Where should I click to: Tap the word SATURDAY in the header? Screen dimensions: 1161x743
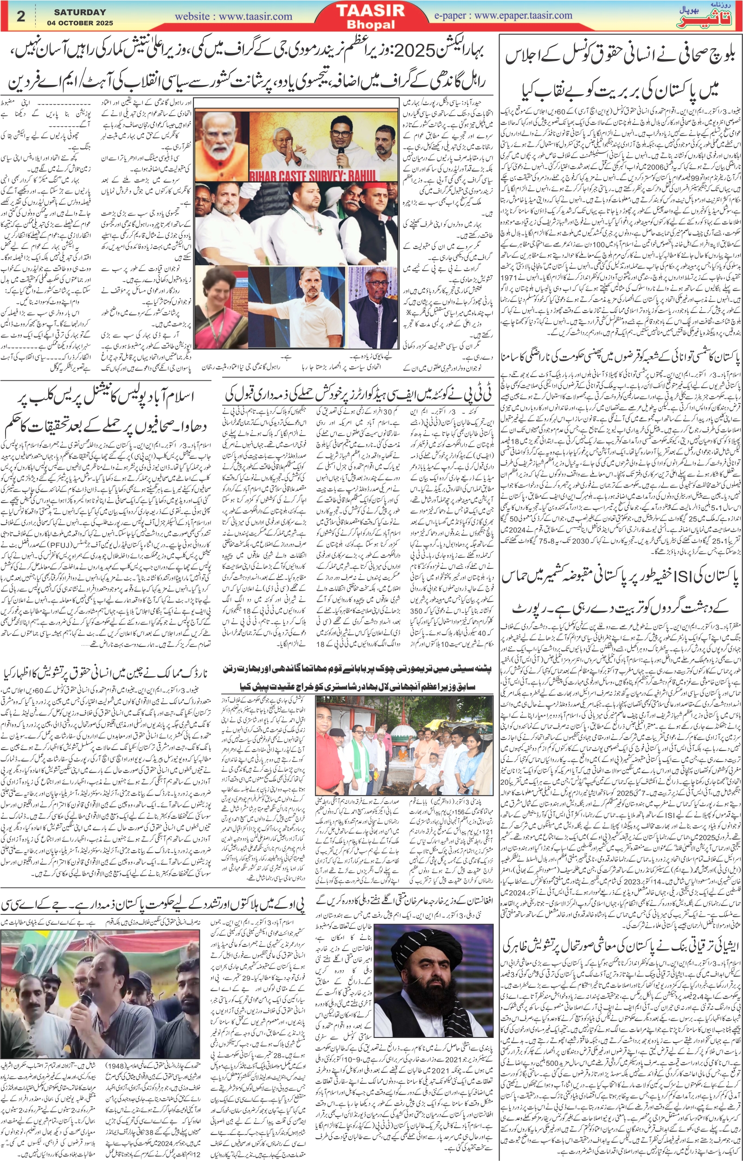[x=80, y=12]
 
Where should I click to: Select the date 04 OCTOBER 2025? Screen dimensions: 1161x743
[x=80, y=22]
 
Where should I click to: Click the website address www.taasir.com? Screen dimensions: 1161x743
[x=233, y=16]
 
